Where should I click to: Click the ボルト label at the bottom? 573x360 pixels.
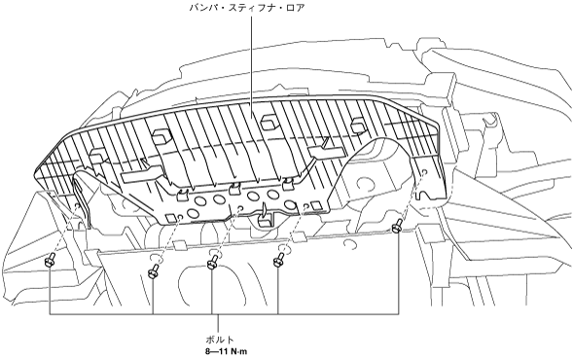point(219,340)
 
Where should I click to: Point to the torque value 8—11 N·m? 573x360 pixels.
point(226,352)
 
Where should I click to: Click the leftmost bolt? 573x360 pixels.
point(50,260)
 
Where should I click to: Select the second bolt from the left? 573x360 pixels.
point(154,271)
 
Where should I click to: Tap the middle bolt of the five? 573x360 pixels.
point(212,262)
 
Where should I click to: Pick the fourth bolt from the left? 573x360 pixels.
point(278,259)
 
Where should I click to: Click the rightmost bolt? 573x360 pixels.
point(397,227)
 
